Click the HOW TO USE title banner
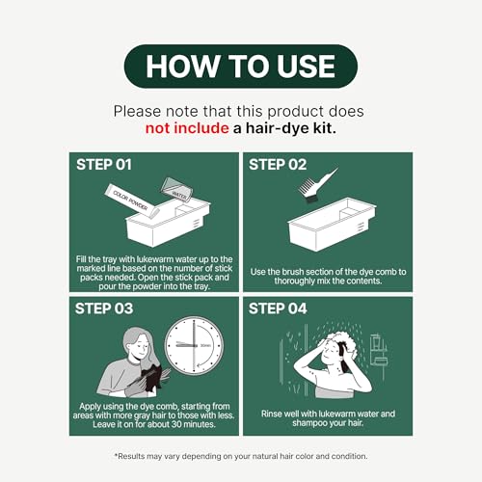pyautogui.click(x=241, y=67)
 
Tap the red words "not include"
pyautogui.click(x=187, y=128)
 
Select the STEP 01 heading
pyautogui.click(x=104, y=165)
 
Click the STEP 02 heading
pyautogui.click(x=278, y=165)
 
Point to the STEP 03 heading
pyautogui.click(x=104, y=308)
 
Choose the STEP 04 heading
pyautogui.click(x=278, y=308)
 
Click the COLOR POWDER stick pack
pyautogui.click(x=131, y=201)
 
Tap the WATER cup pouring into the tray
pyautogui.click(x=177, y=190)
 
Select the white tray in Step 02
pyautogui.click(x=332, y=224)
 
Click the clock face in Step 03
pyautogui.click(x=194, y=345)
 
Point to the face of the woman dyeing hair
pyautogui.click(x=142, y=349)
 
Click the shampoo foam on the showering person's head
pyautogui.click(x=341, y=344)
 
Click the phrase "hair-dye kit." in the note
pyautogui.click(x=291, y=128)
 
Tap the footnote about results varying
pyautogui.click(x=241, y=456)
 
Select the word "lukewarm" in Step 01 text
pyautogui.click(x=155, y=259)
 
